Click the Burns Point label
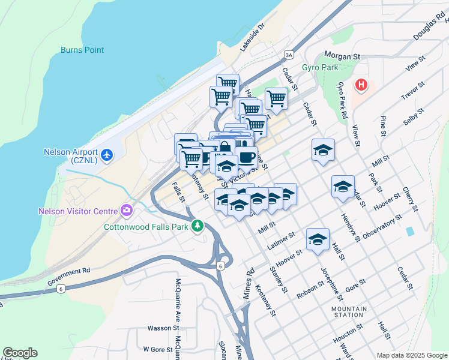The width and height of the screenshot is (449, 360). point(82,50)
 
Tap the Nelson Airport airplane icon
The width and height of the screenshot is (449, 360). point(107,155)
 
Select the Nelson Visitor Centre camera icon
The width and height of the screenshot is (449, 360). point(127,211)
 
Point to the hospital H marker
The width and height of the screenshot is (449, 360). point(361,85)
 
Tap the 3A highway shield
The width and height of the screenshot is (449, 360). point(289,55)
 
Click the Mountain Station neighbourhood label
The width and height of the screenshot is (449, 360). point(348,311)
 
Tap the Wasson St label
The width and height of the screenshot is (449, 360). point(163,328)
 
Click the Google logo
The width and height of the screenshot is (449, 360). point(20,353)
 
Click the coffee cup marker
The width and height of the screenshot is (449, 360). point(246,157)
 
